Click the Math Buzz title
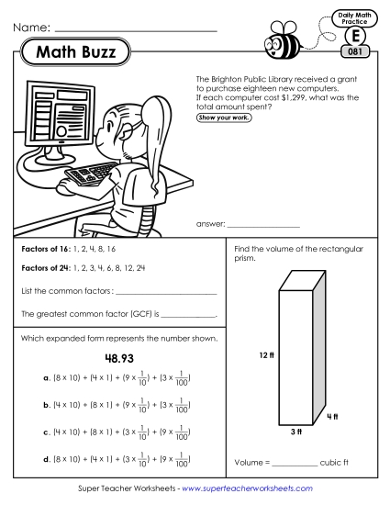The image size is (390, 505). tap(76, 54)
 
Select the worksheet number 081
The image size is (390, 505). tap(358, 51)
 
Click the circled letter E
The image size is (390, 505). tap(357, 35)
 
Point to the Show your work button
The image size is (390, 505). tap(224, 118)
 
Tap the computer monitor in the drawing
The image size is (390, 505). tap(59, 115)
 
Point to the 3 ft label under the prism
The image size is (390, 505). tap(296, 432)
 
